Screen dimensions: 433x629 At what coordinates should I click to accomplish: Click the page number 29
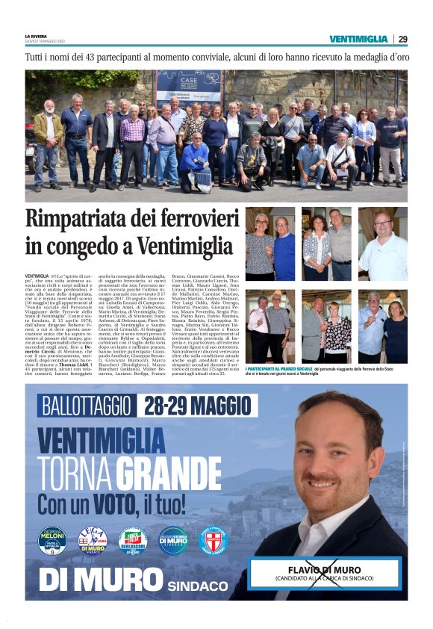coord(402,39)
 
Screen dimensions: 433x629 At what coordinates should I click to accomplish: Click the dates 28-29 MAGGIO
coord(200,406)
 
